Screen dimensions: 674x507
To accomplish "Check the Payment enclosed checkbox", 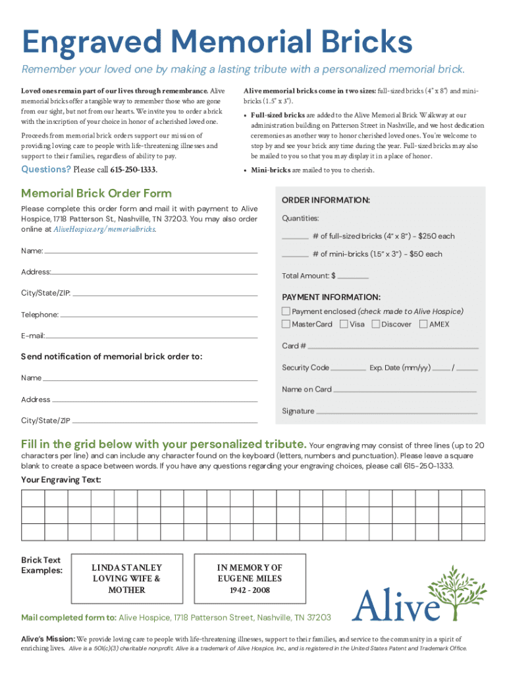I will [286, 311].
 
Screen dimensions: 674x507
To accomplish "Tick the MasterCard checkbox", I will [286, 324].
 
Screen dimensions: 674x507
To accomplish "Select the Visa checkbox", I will [344, 324].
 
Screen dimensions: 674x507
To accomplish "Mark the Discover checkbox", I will [376, 324].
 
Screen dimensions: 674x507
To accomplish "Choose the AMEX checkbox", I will [423, 324].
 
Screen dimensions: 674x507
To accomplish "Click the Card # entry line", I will [393, 347].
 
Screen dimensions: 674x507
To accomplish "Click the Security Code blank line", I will [348, 369].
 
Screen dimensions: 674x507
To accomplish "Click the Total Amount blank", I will [354, 278].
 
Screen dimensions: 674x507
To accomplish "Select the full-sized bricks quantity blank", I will [295, 238].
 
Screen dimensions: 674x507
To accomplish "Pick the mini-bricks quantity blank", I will [295, 255].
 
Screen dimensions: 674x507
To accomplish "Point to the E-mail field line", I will [151, 338].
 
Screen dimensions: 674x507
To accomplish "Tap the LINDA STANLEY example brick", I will [126, 579].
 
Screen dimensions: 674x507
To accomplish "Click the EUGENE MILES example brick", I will [250, 579].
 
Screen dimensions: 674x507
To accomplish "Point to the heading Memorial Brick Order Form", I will [96, 194].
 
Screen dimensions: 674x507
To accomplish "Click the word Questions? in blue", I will [46, 169].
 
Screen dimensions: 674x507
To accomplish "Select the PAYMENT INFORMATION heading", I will [331, 298].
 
